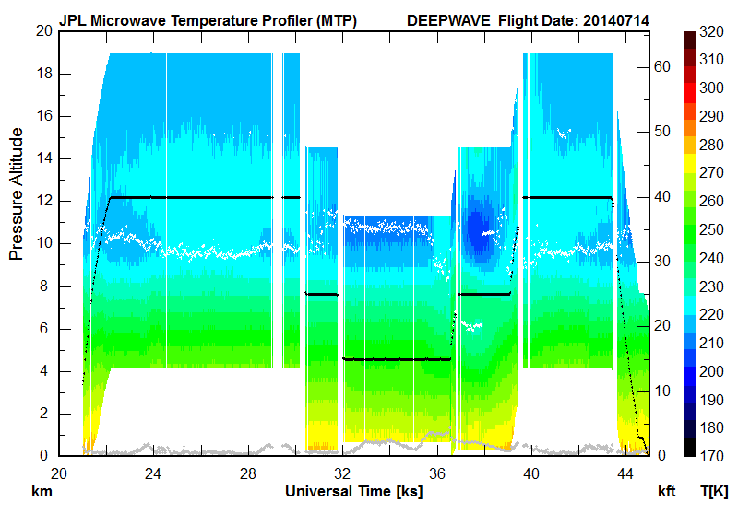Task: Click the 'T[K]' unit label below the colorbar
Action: pyautogui.click(x=713, y=492)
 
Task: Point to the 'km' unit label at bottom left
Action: pyautogui.click(x=41, y=492)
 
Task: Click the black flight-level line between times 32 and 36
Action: pyautogui.click(x=397, y=359)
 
